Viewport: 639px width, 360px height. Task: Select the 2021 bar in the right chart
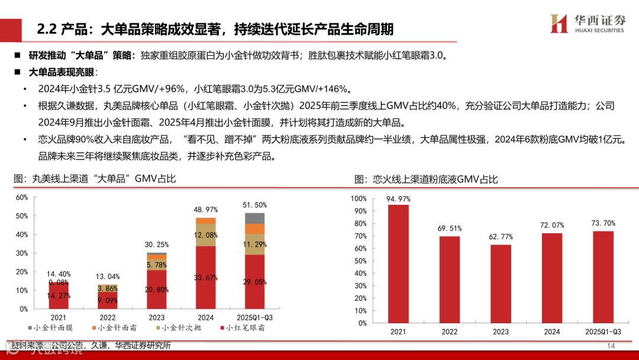398,263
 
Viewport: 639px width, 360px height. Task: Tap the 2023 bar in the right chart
500,284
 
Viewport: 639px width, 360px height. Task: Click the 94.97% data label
398,199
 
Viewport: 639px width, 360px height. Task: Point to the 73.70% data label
603,223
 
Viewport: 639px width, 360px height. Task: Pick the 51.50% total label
254,205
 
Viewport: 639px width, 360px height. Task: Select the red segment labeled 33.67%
205,277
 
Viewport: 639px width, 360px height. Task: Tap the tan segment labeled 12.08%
205,234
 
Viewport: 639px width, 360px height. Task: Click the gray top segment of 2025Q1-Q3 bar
254,218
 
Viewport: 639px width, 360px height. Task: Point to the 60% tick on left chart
22,197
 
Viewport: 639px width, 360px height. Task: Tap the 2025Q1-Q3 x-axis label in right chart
602,332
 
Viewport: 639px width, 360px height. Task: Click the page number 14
611,346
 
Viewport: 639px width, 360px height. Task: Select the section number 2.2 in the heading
46,29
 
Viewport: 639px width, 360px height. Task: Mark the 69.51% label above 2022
449,228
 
